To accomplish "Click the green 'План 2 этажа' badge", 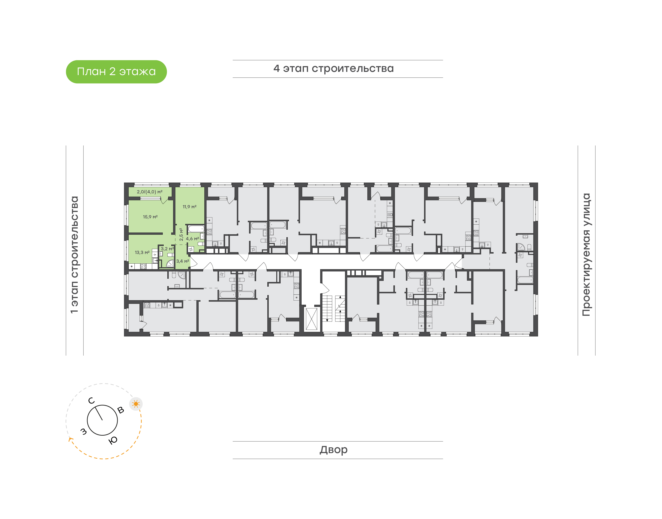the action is tap(116, 72).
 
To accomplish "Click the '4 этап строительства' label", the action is tap(334, 69).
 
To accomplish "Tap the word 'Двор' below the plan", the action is tap(334, 450).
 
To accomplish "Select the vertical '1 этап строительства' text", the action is tap(74, 255).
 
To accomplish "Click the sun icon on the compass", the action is tap(136, 404).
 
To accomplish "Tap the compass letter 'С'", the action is tap(91, 401).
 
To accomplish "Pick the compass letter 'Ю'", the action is tap(113, 440).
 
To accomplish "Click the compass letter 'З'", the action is tap(83, 432).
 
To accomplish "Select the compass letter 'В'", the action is tap(121, 410).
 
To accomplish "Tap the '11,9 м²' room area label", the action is tap(189, 207).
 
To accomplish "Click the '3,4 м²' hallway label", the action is tap(183, 261).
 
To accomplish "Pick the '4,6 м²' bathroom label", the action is tap(192, 239).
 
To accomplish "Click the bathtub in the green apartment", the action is tap(196, 229).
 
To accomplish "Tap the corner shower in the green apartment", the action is tap(170, 263).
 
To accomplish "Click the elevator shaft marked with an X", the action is tap(311, 319).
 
